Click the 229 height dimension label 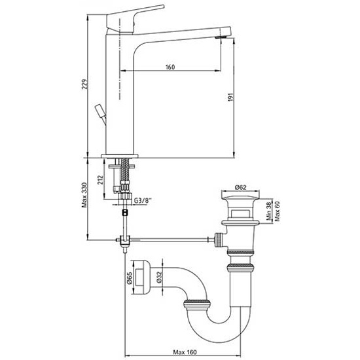[84, 84]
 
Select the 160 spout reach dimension [170, 67]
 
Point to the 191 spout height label [231, 97]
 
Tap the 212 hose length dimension [100, 180]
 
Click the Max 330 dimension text [84, 195]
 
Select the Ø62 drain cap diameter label [240, 187]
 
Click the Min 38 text [269, 211]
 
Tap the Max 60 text [277, 211]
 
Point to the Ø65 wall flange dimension [130, 278]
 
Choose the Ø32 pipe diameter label [160, 277]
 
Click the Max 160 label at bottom [185, 352]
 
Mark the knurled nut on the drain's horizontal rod [219, 240]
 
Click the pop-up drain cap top [240, 195]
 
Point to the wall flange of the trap [141, 277]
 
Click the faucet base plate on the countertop [120, 156]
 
